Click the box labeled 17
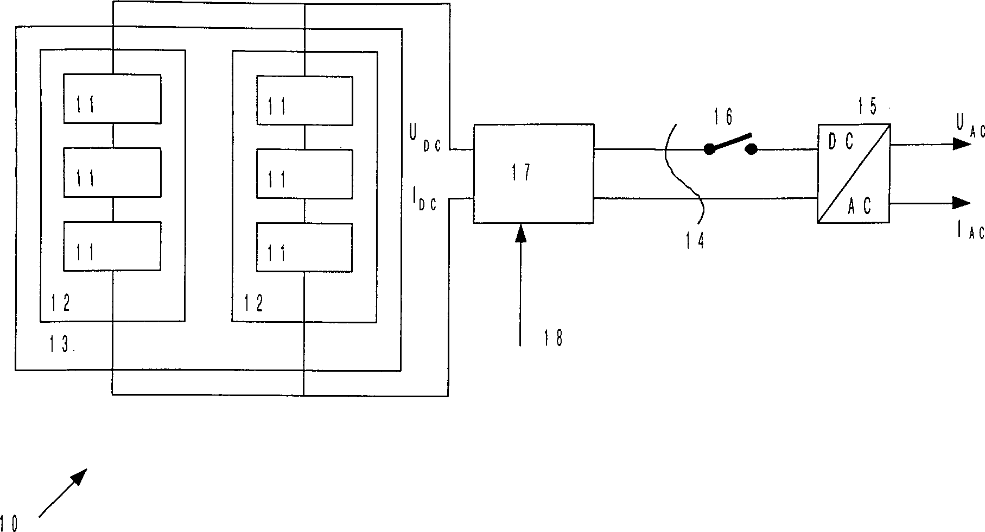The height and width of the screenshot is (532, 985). click(x=533, y=173)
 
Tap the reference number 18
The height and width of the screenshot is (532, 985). click(x=553, y=337)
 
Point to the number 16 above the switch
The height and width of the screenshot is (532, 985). click(x=723, y=117)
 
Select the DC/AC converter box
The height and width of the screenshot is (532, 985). click(x=853, y=173)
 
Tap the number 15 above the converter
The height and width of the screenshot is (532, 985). click(x=868, y=108)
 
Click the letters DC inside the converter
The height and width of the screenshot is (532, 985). click(x=841, y=142)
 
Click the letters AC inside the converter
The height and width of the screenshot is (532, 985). click(x=860, y=206)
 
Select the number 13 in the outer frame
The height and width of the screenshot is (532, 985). click(x=61, y=345)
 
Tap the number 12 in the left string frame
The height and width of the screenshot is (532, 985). click(x=60, y=303)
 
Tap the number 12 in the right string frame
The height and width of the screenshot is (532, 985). click(x=253, y=303)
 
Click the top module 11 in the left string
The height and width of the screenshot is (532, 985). click(x=112, y=99)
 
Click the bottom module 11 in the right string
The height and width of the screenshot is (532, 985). click(x=304, y=247)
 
